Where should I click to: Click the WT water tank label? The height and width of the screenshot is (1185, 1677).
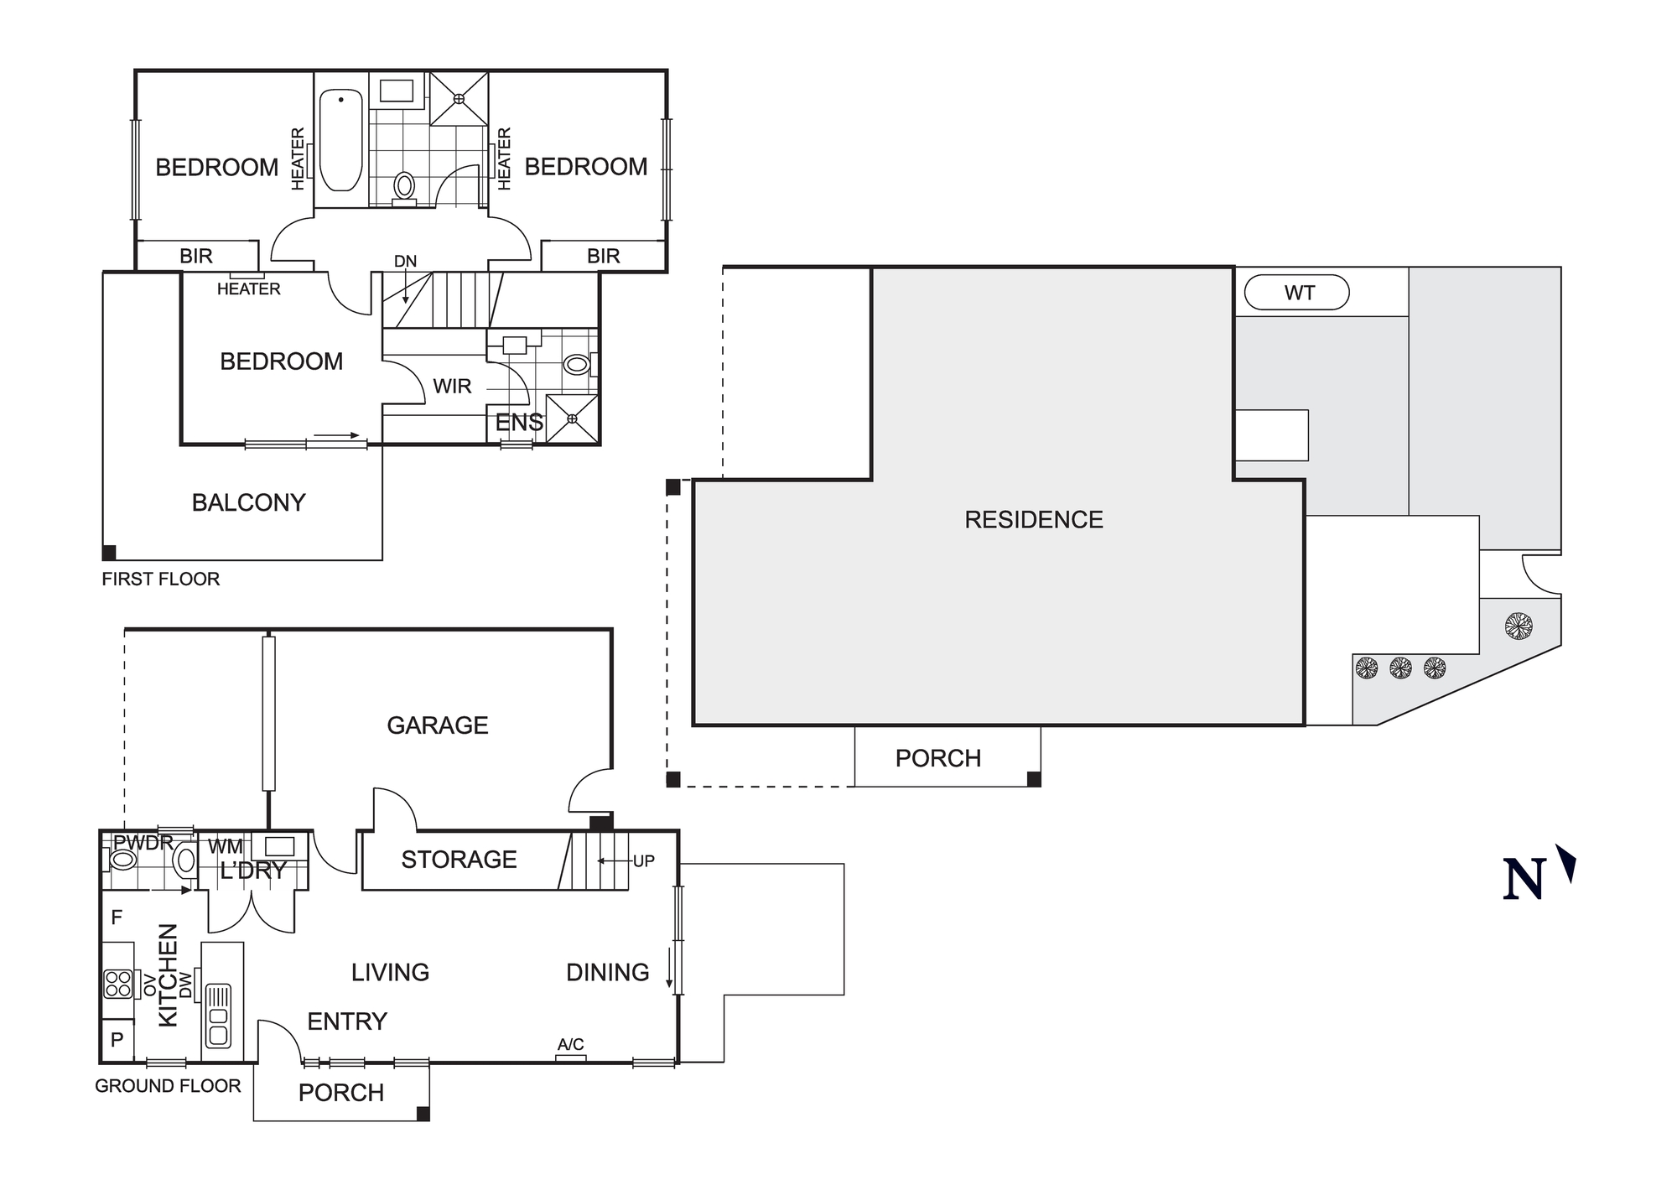point(1299,294)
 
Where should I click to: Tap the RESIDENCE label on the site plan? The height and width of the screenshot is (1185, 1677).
point(1033,520)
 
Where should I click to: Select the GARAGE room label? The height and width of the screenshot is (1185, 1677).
point(437,725)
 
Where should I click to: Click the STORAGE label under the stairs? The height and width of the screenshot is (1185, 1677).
point(459,860)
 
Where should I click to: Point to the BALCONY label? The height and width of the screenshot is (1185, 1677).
point(248,502)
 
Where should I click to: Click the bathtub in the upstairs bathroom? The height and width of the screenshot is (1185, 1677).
point(341,140)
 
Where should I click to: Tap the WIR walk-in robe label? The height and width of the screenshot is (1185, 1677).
point(452,387)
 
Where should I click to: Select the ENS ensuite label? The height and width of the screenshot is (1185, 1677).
point(518,423)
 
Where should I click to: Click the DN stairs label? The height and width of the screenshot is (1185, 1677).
point(405,262)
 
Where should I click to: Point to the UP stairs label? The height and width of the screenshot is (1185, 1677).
point(643,861)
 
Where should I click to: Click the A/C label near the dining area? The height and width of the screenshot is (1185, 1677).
point(570,1045)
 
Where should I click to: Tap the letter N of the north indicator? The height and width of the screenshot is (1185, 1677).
point(1524,880)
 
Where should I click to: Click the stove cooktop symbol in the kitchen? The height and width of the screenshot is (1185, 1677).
point(117,984)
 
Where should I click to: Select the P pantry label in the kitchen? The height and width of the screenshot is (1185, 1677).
point(117,1040)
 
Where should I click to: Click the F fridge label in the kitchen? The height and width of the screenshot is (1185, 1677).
point(117,917)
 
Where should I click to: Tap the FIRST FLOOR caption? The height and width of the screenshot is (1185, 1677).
point(160,580)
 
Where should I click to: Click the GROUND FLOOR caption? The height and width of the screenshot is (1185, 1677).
point(168,1086)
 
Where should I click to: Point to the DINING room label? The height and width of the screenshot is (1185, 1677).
point(607,973)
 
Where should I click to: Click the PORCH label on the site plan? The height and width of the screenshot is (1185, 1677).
point(937,759)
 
